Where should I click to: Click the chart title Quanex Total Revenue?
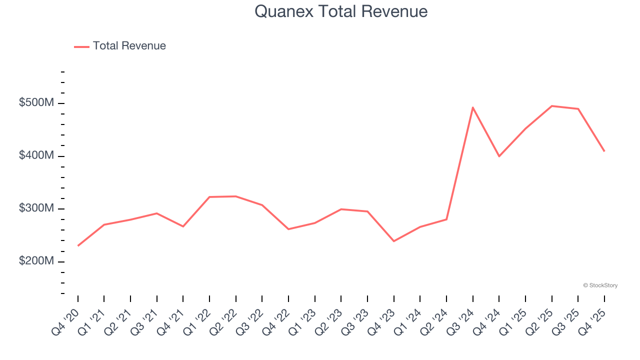pos(341,11)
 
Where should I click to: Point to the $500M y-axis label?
pos(36,103)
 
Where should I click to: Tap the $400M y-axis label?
pos(36,155)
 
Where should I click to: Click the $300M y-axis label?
pos(36,208)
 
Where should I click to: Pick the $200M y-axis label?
pos(36,261)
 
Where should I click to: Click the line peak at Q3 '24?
pos(472,107)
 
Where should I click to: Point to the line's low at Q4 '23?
pos(394,241)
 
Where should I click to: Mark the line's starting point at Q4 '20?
pos(78,245)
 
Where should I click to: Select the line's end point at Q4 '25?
pos(604,151)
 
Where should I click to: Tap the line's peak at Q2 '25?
pos(551,106)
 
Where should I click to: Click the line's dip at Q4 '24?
pos(499,156)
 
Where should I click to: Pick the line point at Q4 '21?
pos(183,226)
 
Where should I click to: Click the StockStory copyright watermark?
pos(600,285)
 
